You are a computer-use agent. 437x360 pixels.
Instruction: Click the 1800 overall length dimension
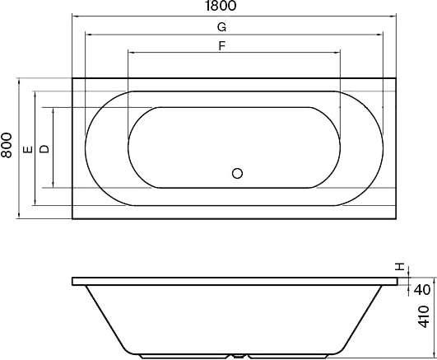pyautogui.click(x=221, y=6)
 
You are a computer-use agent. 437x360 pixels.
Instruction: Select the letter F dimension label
pyautogui.click(x=221, y=45)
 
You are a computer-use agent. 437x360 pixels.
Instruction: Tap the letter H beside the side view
pyautogui.click(x=401, y=267)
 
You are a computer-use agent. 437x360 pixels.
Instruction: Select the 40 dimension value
pyautogui.click(x=421, y=289)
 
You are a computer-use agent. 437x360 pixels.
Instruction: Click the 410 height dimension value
pyautogui.click(x=421, y=318)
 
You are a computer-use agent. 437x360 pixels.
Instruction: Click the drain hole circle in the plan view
pyautogui.click(x=238, y=174)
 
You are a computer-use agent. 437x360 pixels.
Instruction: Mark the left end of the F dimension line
pyautogui.click(x=128, y=52)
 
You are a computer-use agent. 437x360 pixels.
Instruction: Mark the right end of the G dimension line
pyautogui.click(x=383, y=35)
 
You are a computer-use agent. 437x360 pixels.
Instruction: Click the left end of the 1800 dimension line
pyautogui.click(x=72, y=15)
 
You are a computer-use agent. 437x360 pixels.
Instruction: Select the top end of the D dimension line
pyautogui.click(x=53, y=107)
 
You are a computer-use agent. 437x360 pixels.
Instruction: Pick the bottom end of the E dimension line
pyautogui.click(x=35, y=206)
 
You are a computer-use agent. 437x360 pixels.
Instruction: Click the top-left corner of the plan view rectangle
pyautogui.click(x=72, y=79)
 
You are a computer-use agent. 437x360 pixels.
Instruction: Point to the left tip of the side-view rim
pyautogui.click(x=72, y=281)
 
